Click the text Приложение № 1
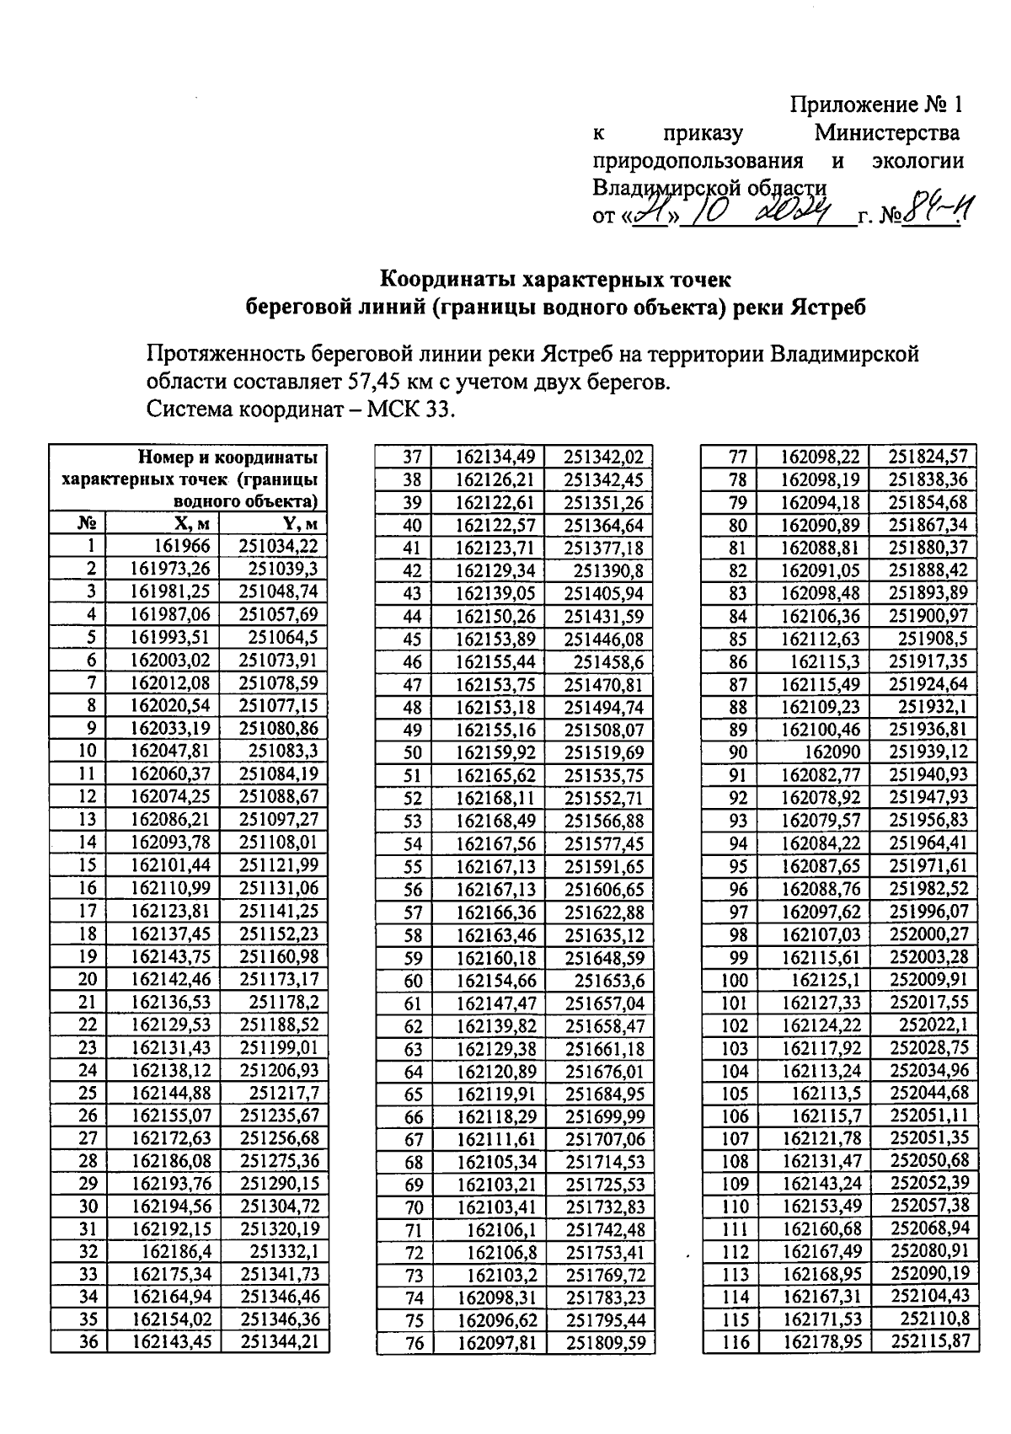[875, 105]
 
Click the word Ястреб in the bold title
[826, 308]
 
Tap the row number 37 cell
[412, 457]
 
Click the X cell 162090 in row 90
[833, 752]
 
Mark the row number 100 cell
[735, 980]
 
